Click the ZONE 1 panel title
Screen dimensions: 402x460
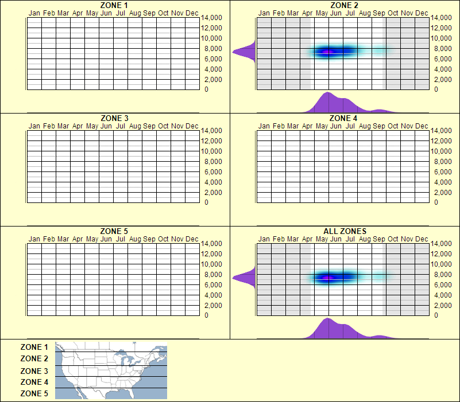point(114,5)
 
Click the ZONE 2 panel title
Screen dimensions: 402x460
point(344,5)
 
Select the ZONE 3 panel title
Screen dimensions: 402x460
point(114,118)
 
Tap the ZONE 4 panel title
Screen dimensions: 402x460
point(344,118)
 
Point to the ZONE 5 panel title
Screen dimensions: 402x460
point(114,231)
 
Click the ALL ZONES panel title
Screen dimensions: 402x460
point(345,231)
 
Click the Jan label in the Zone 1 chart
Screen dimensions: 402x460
point(34,13)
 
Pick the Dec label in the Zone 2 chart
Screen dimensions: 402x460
point(422,13)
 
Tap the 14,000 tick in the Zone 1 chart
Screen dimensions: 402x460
point(211,18)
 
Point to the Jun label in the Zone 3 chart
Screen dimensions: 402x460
point(106,126)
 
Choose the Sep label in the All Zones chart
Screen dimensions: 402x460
point(379,239)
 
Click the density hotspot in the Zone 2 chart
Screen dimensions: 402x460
point(328,52)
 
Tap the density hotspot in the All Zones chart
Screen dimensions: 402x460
point(328,278)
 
